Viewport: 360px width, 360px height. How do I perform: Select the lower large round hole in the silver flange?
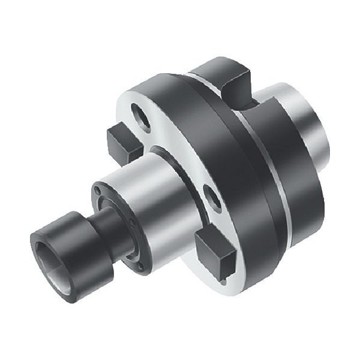pyautogui.click(x=212, y=195)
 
